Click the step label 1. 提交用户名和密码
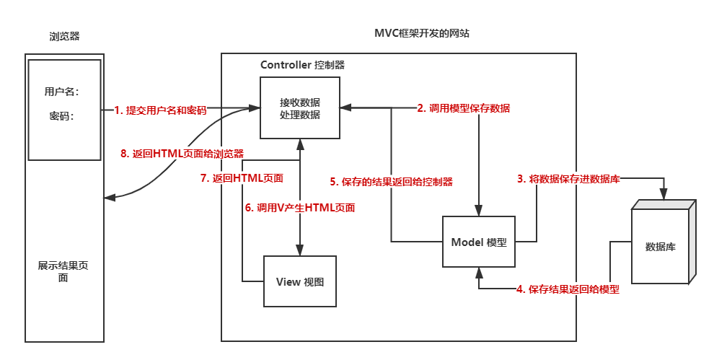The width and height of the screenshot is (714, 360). click(x=160, y=110)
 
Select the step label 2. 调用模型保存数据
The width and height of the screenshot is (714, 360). click(x=463, y=108)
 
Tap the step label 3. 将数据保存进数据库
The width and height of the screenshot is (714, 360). click(x=568, y=179)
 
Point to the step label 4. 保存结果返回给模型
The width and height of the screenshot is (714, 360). click(x=568, y=289)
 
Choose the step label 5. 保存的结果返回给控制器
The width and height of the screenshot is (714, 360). click(x=392, y=182)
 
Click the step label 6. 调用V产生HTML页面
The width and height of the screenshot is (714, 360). click(x=300, y=207)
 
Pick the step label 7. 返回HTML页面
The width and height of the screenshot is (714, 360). click(x=242, y=178)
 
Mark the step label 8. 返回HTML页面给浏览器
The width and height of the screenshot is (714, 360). click(x=181, y=154)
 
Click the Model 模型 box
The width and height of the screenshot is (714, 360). click(x=479, y=242)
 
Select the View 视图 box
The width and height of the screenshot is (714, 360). click(x=300, y=281)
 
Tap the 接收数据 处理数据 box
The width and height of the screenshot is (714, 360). click(x=300, y=108)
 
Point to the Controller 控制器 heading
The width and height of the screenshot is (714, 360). click(x=302, y=65)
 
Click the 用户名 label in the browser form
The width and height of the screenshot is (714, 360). click(x=61, y=92)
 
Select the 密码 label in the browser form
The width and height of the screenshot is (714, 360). click(x=61, y=115)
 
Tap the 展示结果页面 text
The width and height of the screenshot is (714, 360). click(x=63, y=271)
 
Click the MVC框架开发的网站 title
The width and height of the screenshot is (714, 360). click(x=423, y=34)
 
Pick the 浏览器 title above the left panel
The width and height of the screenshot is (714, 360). click(x=63, y=36)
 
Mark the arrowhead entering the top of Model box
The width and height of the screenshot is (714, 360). click(x=479, y=210)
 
